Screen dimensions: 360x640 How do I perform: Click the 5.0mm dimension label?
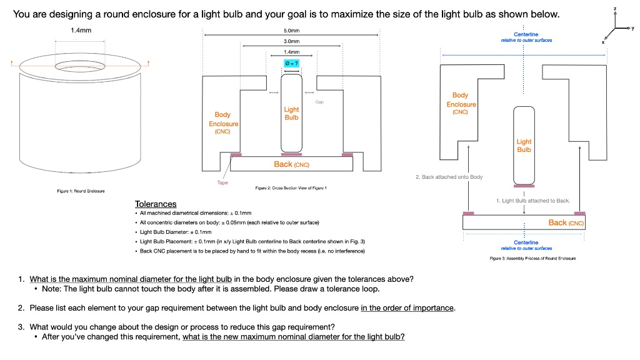[x=291, y=30]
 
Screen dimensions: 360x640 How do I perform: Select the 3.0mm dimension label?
[x=291, y=41]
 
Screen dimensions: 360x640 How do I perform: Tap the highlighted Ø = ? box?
[x=291, y=63]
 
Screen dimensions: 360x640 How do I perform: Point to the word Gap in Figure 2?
[x=319, y=101]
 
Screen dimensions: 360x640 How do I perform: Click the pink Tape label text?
[x=222, y=182]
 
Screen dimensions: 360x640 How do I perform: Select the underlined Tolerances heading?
[x=156, y=204]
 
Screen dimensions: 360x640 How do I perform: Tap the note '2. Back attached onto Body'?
[x=449, y=177]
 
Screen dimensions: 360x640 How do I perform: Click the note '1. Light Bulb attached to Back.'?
[x=532, y=201]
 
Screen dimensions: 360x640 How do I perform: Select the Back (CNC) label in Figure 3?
[x=566, y=222]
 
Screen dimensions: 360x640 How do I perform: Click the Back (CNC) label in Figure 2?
[x=292, y=164]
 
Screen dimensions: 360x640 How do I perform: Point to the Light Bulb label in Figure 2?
[x=291, y=113]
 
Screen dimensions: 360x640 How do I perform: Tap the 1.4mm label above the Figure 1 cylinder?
[x=81, y=30]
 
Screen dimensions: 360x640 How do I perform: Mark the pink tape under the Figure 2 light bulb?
[x=291, y=154]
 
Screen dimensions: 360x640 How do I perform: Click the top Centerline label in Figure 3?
[x=526, y=37]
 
